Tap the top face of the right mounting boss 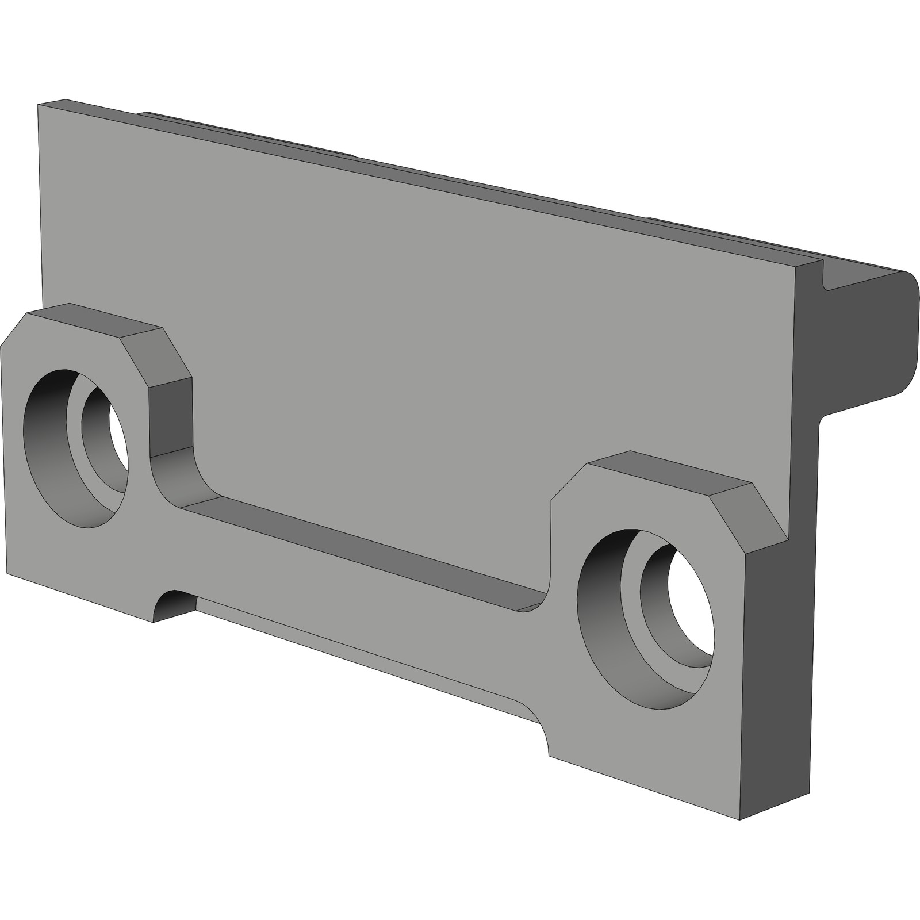[x=667, y=469]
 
